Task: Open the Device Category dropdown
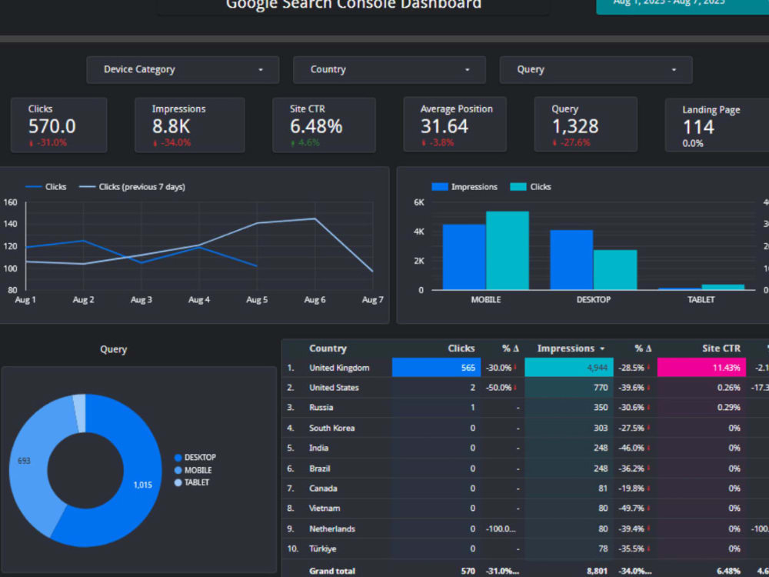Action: (182, 70)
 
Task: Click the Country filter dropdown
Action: (389, 70)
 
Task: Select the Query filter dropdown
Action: (595, 70)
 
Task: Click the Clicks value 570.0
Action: (52, 126)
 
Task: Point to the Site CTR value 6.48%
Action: (316, 126)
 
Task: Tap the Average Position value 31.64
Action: (444, 126)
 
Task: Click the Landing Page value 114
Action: (698, 127)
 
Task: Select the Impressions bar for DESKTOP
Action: (571, 259)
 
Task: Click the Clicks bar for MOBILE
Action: (507, 250)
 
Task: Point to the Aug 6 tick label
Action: (312, 300)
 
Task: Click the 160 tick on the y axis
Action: (10, 203)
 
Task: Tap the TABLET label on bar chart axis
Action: (701, 300)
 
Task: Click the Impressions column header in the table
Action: (566, 349)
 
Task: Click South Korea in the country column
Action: (331, 428)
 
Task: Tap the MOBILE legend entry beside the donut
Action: (198, 470)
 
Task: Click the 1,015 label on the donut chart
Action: (142, 485)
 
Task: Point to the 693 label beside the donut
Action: (24, 462)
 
